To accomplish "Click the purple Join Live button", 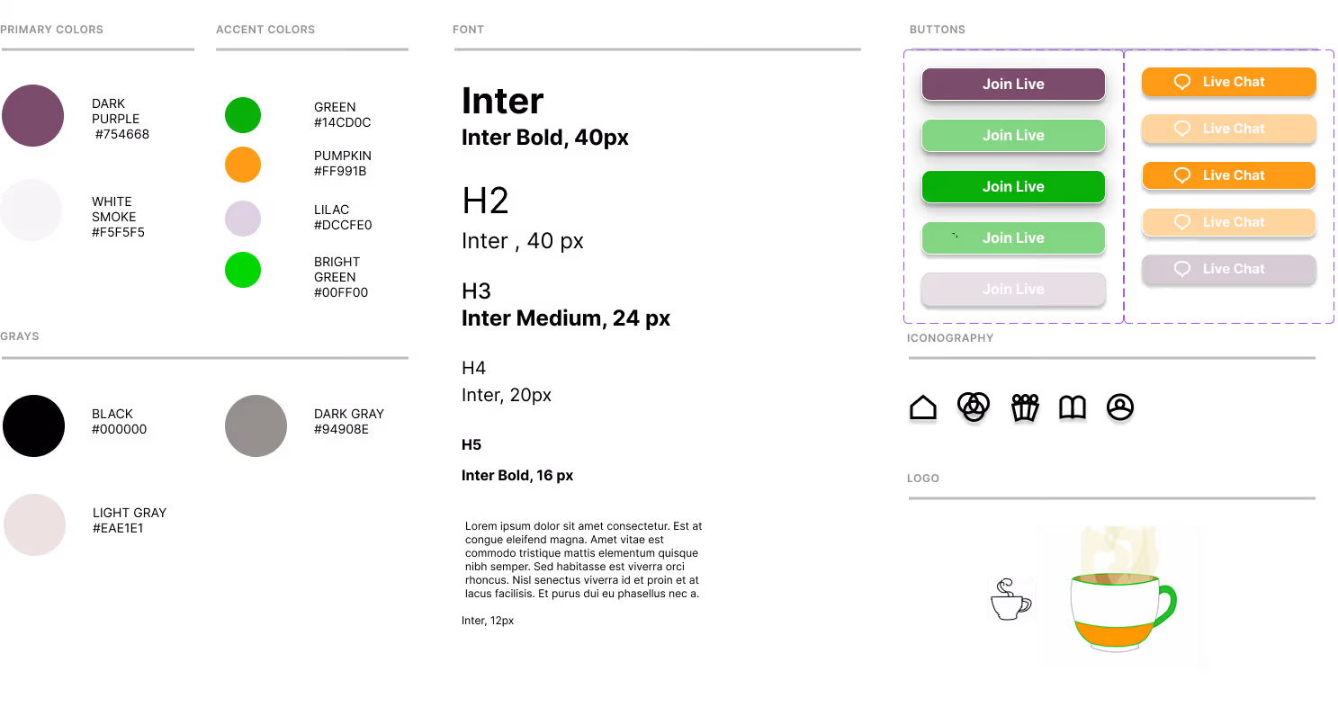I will click(x=1013, y=84).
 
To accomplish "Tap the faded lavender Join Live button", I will click(x=1013, y=289).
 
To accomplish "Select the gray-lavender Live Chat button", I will click(x=1228, y=269).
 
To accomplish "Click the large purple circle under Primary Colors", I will click(x=32, y=115).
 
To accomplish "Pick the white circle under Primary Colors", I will click(x=31, y=210).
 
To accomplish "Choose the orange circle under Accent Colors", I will click(x=243, y=165).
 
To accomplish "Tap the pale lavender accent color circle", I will click(x=243, y=219).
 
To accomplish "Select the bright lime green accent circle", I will click(x=243, y=270).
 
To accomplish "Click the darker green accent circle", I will click(x=243, y=115).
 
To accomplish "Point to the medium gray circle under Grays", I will click(x=256, y=425).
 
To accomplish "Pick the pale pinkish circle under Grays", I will click(x=34, y=524).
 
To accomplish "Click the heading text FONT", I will click(x=468, y=30).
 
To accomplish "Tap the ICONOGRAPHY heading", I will click(x=949, y=338).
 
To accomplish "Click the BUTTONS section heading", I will click(x=937, y=30).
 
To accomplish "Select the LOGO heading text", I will click(x=922, y=479).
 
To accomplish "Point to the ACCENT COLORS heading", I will click(x=265, y=30).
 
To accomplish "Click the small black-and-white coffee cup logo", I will click(x=1010, y=599).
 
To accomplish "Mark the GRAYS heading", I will click(x=20, y=336).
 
